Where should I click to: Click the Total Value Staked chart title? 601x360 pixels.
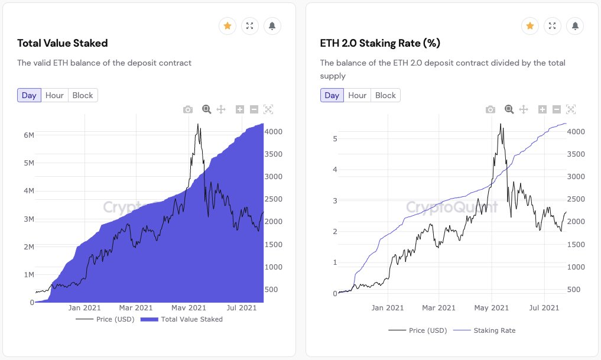63,43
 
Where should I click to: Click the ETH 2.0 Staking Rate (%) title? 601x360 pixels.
380,43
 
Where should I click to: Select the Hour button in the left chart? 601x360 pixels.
54,95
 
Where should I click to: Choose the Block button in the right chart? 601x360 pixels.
385,95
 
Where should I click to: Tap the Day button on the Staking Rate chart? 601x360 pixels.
332,95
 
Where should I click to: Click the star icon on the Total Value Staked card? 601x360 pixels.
228,26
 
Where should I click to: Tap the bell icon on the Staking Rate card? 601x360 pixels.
575,26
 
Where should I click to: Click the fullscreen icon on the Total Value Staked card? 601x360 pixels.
250,26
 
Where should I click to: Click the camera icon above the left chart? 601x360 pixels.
188,109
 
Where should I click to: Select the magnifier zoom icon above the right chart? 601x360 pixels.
509,109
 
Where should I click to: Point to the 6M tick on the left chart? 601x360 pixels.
28,135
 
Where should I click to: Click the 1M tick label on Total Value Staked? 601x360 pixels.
28,275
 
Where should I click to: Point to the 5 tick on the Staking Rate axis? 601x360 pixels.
334,138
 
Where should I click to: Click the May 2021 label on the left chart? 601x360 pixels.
187,307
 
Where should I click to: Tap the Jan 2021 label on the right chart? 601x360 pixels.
387,307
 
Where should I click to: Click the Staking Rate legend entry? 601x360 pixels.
494,330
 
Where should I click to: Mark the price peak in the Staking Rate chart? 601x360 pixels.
501,125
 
